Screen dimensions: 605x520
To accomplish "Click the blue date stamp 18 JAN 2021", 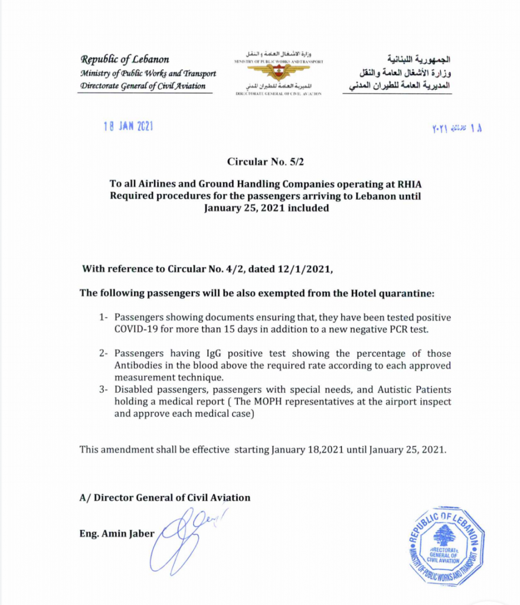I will pyautogui.click(x=129, y=127).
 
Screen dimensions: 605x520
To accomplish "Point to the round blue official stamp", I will pyautogui.click(x=446, y=545).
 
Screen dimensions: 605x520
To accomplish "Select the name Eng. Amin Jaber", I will pyautogui.click(x=116, y=534).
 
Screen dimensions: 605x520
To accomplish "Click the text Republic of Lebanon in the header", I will pyautogui.click(x=125, y=59).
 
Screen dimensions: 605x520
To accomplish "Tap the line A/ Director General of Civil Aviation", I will pyautogui.click(x=165, y=497).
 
